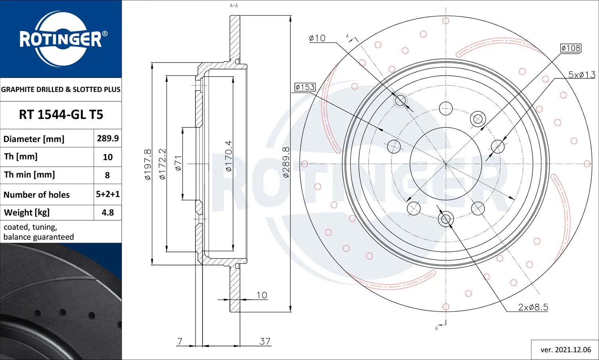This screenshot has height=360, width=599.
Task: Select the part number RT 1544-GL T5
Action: click(x=61, y=115)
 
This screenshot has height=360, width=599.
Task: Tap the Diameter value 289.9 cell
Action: click(x=108, y=138)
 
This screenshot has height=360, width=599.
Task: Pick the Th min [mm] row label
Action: click(x=30, y=175)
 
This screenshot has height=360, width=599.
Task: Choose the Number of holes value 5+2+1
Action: click(x=108, y=194)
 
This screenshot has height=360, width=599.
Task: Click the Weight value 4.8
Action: click(x=108, y=212)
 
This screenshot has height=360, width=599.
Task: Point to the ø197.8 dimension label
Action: click(x=148, y=164)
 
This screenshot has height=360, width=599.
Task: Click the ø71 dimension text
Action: click(x=178, y=163)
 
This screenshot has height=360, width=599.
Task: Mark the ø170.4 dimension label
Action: click(x=229, y=156)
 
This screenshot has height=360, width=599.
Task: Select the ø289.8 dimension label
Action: click(x=286, y=162)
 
